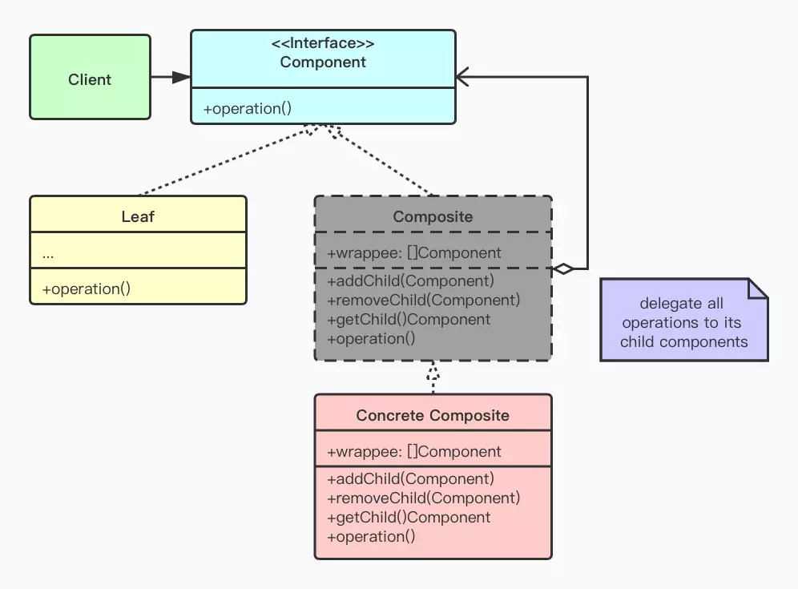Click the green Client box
(x=90, y=78)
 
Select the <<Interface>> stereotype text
(x=323, y=43)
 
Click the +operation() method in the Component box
(x=248, y=108)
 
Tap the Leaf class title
(x=138, y=216)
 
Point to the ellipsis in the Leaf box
(x=48, y=253)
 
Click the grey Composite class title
(x=433, y=216)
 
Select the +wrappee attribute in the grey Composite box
(x=414, y=252)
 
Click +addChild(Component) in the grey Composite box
(x=411, y=280)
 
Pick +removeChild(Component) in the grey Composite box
(x=424, y=300)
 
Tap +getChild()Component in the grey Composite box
(x=409, y=319)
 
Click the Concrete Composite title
(x=433, y=415)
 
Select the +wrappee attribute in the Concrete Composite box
(x=414, y=451)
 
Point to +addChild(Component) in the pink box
(x=411, y=478)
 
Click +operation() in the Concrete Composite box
(x=372, y=536)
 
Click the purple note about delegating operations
(x=682, y=322)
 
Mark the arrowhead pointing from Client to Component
(x=182, y=77)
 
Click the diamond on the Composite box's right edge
(x=564, y=269)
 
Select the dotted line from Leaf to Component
(x=224, y=160)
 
